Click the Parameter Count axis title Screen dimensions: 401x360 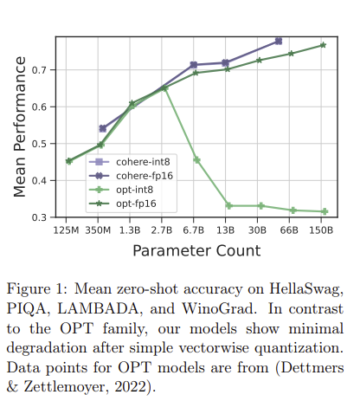click(196, 251)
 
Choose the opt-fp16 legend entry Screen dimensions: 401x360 click(117, 204)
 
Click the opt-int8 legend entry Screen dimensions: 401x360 click(117, 190)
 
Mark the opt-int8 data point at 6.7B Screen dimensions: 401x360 click(196, 160)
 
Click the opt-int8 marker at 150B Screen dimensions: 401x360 click(324, 211)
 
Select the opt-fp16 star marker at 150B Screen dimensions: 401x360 click(324, 45)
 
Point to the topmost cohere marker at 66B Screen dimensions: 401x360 click(278, 41)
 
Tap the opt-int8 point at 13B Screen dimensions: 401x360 click(228, 205)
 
